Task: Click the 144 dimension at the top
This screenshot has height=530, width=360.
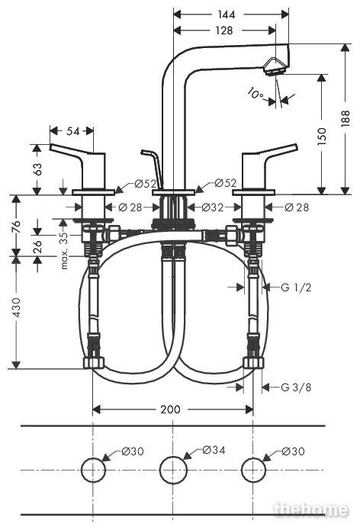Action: tap(226, 14)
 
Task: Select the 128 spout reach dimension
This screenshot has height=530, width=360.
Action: tap(224, 31)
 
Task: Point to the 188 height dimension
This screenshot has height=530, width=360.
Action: tap(345, 118)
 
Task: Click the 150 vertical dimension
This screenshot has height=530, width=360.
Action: tap(322, 136)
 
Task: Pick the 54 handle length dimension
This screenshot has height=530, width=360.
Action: tap(72, 131)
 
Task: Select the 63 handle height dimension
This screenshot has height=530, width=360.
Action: tap(37, 169)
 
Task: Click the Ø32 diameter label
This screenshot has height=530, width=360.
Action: tap(213, 207)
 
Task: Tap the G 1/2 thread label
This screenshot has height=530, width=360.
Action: tap(296, 287)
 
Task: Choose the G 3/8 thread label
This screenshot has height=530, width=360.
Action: tap(296, 387)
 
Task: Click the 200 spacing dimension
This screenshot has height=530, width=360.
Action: tap(170, 410)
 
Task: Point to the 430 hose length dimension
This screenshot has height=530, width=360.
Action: tap(16, 307)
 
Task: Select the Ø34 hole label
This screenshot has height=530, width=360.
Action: tap(214, 450)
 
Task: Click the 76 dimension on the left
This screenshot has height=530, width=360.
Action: tap(16, 226)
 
